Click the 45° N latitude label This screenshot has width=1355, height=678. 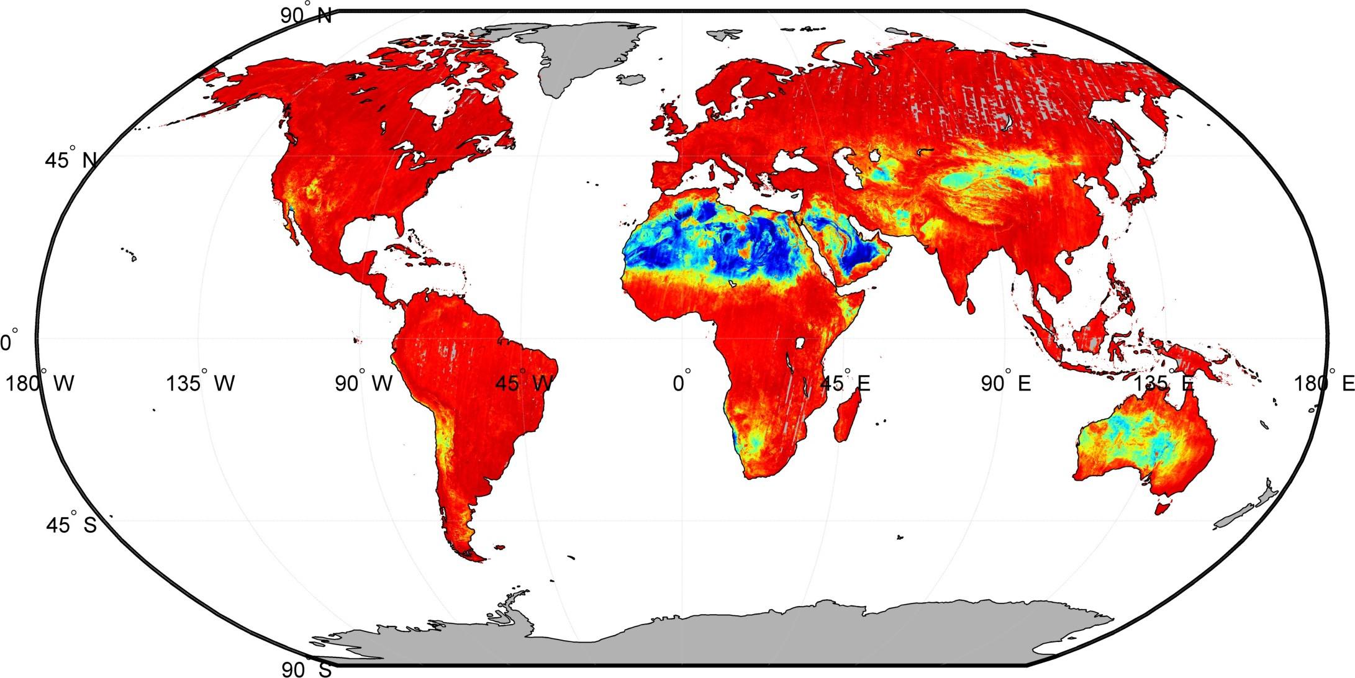tap(70, 160)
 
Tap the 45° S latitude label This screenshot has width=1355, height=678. tap(71, 525)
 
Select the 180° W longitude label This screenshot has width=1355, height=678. tap(40, 383)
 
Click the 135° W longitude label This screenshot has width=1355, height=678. tap(200, 383)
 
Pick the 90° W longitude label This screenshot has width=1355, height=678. tap(364, 383)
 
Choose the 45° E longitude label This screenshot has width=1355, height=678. tap(845, 383)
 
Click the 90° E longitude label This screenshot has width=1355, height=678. tap(1005, 383)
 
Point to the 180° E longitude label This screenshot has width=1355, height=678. tap(1324, 383)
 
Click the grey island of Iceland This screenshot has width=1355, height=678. tap(633, 79)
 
